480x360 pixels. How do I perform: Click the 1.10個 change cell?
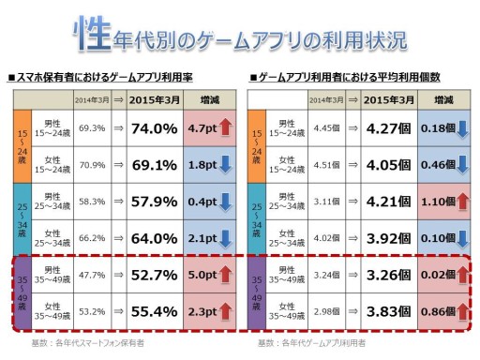tap(438, 202)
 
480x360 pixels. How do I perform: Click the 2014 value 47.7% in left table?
tap(92, 276)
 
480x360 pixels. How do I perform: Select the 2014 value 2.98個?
tap(326, 310)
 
